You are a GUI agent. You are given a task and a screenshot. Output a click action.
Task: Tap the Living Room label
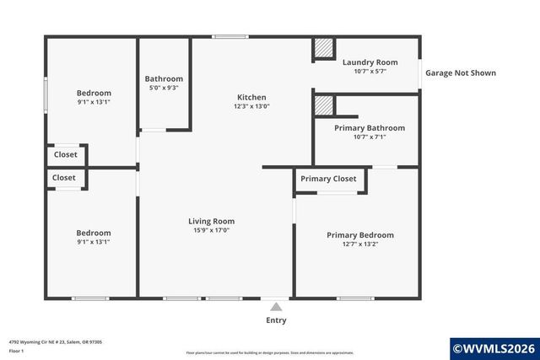211,221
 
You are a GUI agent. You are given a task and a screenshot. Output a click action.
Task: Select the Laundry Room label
370,62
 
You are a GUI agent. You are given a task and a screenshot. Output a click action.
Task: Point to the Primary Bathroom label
370,128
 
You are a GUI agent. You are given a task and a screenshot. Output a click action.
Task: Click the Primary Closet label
328,179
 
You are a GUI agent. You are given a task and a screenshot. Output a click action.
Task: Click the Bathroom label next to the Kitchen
164,78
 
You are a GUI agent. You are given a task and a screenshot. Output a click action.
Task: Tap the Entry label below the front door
276,320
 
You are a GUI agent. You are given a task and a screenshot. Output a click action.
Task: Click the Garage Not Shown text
461,73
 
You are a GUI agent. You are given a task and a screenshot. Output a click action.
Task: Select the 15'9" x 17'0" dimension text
211,230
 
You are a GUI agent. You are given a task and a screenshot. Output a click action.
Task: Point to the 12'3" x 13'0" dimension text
251,107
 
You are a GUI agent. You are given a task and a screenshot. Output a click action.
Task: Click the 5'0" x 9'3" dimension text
164,88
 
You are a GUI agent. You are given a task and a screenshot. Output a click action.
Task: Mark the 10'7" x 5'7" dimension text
370,72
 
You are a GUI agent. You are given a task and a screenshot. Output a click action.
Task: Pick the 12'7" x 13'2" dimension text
360,244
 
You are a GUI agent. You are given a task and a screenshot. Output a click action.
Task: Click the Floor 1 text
16,351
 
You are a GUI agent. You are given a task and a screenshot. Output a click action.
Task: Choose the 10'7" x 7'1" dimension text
370,137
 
